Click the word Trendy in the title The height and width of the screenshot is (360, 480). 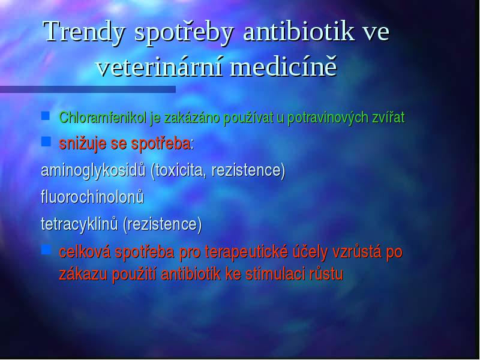click(84, 32)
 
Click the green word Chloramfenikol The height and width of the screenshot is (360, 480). click(103, 117)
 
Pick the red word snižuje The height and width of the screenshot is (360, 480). click(83, 143)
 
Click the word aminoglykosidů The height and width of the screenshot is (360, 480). click(93, 170)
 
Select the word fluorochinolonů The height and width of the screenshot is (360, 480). click(92, 197)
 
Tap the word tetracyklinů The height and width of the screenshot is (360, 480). click(79, 224)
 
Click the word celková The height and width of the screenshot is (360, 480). click(85, 251)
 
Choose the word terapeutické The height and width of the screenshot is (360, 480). click(247, 252)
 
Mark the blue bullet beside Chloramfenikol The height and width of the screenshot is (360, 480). click(46, 116)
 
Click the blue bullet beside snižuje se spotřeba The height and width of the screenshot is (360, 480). click(46, 142)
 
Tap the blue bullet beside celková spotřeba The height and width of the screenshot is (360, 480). click(46, 250)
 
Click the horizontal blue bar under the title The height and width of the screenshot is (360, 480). click(88, 89)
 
